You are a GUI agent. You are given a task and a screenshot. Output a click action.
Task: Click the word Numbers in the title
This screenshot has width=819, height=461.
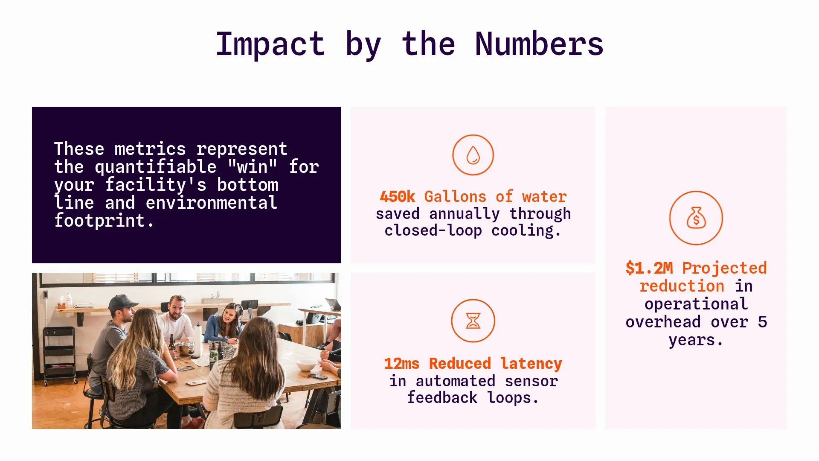(539, 44)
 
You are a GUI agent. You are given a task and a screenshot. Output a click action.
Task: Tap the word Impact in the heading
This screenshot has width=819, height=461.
(270, 44)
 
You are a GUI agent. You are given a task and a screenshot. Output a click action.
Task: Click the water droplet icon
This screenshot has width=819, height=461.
(473, 155)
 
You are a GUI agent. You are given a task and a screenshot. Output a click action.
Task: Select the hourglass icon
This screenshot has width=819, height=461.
(473, 321)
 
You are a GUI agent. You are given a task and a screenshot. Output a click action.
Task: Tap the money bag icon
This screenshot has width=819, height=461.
(696, 218)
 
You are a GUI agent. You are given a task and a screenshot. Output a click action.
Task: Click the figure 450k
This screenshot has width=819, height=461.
(397, 197)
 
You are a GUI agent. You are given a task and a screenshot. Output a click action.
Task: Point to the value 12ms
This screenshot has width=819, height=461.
(401, 364)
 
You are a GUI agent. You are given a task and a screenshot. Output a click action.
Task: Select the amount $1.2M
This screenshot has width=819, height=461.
(649, 268)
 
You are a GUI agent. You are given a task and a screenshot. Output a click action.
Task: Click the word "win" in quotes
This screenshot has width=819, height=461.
(253, 167)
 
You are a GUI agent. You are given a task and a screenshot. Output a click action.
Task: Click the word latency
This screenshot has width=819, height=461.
(531, 364)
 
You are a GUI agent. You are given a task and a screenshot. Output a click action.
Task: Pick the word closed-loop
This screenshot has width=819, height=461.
(433, 231)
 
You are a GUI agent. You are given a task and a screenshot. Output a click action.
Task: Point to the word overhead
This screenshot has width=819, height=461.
(663, 322)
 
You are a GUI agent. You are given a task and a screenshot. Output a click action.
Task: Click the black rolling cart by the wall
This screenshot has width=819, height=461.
(60, 354)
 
